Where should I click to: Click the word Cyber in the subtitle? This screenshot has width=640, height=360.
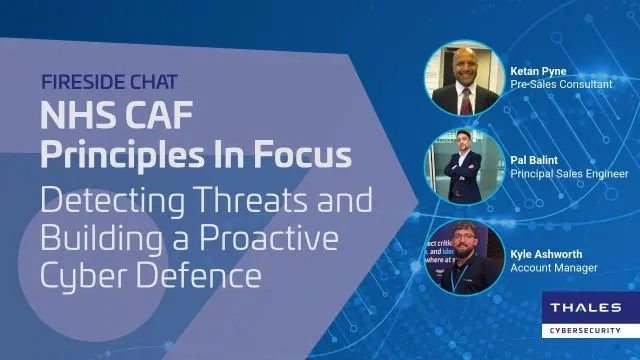(x=84, y=273)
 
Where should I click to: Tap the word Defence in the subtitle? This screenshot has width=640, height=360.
(x=204, y=273)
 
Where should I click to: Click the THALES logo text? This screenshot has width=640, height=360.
(x=585, y=308)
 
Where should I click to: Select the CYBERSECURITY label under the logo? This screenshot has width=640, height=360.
(x=585, y=330)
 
